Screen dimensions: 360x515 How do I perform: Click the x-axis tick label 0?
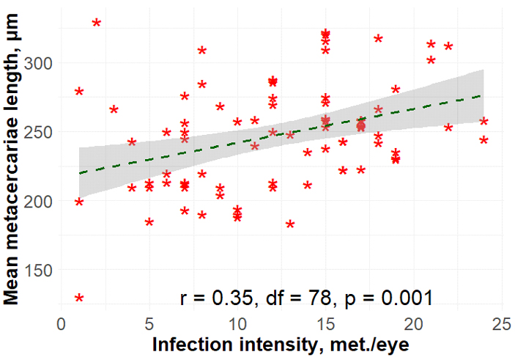(62, 324)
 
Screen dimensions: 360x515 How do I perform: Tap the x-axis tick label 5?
(149, 324)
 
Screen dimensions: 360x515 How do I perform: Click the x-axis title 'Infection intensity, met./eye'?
(281, 345)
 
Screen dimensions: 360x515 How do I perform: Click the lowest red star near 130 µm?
(79, 298)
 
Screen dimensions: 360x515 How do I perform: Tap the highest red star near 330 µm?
(97, 23)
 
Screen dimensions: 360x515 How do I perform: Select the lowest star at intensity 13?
(290, 224)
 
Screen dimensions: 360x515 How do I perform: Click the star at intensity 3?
(114, 109)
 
